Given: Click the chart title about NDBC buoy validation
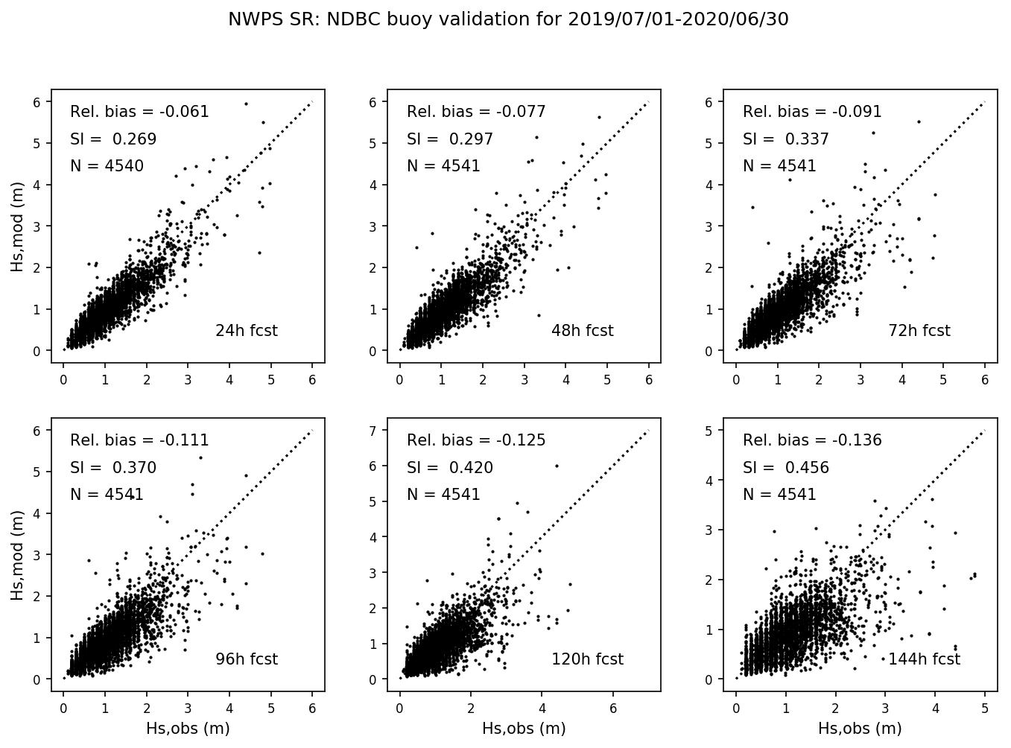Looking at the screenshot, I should click(x=508, y=20).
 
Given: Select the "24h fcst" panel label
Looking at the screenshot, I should click(x=246, y=331).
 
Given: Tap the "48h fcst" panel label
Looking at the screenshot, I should click(x=583, y=331).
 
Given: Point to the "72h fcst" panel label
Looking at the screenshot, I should click(x=919, y=331).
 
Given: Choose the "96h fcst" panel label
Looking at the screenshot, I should click(x=246, y=659).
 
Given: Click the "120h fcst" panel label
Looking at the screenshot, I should click(x=587, y=659).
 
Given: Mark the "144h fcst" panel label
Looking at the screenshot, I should click(x=924, y=659).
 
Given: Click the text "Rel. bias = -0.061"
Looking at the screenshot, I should click(x=139, y=112).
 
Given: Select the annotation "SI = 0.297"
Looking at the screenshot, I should click(x=450, y=139).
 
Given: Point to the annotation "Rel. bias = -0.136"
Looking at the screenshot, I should click(x=812, y=440).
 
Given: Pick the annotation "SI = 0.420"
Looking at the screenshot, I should click(x=450, y=468).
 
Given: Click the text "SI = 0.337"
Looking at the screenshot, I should click(x=786, y=139).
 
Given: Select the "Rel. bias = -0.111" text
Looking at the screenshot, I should click(x=139, y=440).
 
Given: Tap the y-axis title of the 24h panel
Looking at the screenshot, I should click(x=18, y=226).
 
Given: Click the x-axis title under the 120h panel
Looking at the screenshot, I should click(x=524, y=729).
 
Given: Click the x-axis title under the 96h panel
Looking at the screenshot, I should click(x=188, y=729).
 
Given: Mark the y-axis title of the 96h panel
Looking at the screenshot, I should click(x=18, y=554).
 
